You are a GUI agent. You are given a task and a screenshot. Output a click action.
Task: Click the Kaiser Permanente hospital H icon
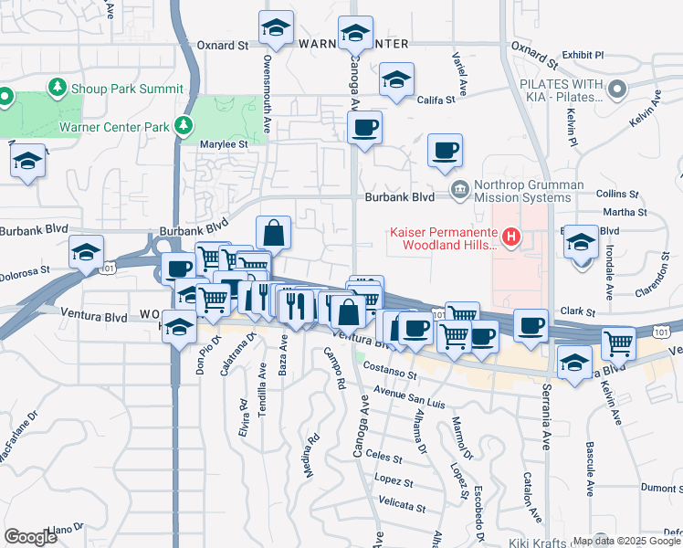pyautogui.click(x=511, y=237)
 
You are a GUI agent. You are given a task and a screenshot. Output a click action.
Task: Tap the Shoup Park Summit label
pyautogui.click(x=129, y=88)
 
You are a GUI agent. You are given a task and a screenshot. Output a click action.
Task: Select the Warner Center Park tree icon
pyautogui.click(x=185, y=125)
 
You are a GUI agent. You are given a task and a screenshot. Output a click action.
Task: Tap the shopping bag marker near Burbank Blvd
pyautogui.click(x=273, y=234)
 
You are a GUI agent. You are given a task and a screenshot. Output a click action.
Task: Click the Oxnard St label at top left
pyautogui.click(x=224, y=44)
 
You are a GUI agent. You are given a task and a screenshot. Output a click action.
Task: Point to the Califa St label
pyautogui.click(x=436, y=100)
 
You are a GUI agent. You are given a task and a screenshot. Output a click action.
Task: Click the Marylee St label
pyautogui.click(x=225, y=144)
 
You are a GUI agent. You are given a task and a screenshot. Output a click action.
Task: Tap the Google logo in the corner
pyautogui.click(x=30, y=536)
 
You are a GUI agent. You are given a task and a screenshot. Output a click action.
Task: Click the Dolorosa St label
pyautogui.click(x=24, y=272)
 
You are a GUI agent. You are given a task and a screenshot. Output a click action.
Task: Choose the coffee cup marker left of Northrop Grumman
pyautogui.click(x=445, y=151)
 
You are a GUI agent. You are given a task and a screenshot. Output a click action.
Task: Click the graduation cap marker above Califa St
pyautogui.click(x=397, y=80)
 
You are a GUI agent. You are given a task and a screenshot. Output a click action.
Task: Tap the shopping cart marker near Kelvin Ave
pyautogui.click(x=619, y=344)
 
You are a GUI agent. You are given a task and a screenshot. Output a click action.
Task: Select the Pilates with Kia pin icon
pyautogui.click(x=618, y=90)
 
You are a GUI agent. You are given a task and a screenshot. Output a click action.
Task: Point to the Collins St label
pyautogui.click(x=616, y=195)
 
